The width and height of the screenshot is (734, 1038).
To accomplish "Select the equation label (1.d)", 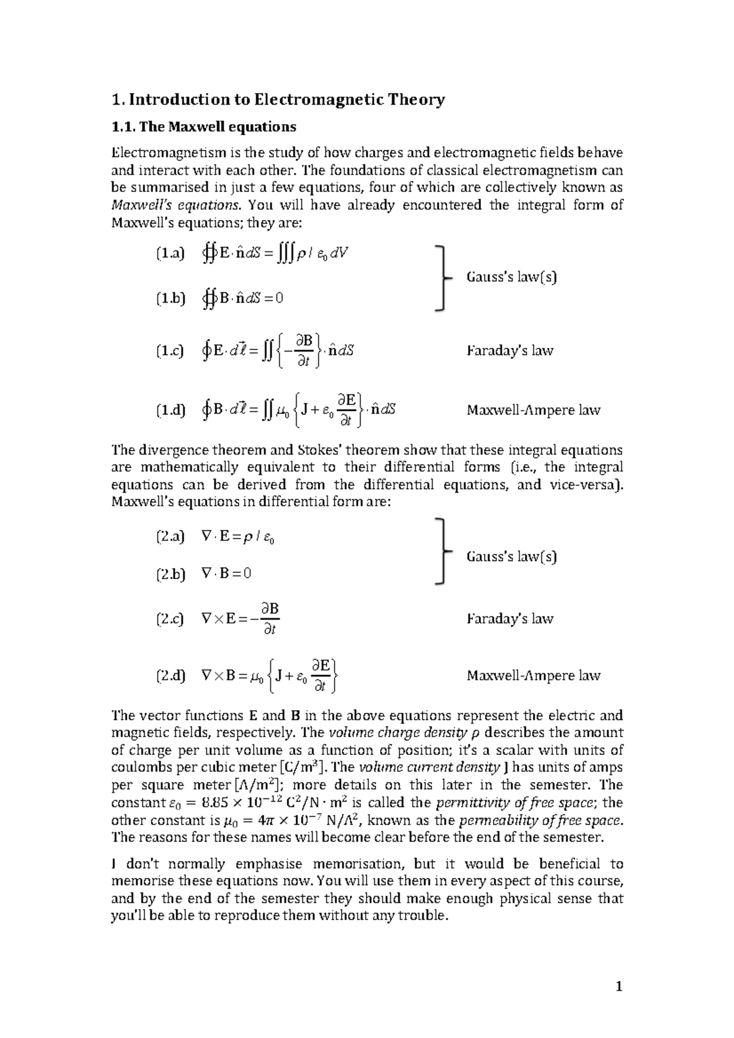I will [170, 410].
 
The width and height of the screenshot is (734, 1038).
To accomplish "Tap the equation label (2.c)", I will [169, 619].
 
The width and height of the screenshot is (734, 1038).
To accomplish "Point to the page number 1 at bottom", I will [619, 986].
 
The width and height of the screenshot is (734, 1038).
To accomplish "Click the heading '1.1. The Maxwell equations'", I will [203, 127].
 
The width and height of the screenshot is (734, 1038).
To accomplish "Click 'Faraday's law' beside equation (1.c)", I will [510, 351].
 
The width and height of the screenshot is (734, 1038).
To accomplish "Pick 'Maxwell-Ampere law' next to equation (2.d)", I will [533, 675].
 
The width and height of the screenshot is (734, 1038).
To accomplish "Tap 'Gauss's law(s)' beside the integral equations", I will [511, 277].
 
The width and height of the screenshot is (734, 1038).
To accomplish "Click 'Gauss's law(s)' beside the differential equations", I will [511, 556].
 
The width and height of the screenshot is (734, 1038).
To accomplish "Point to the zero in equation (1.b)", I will [279, 298].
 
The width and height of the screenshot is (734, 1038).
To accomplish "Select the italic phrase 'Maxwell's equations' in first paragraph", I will [174, 205].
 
